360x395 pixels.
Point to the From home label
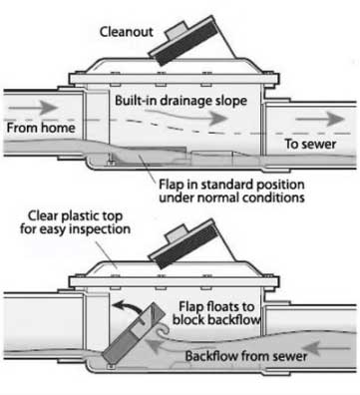[x=39, y=129]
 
